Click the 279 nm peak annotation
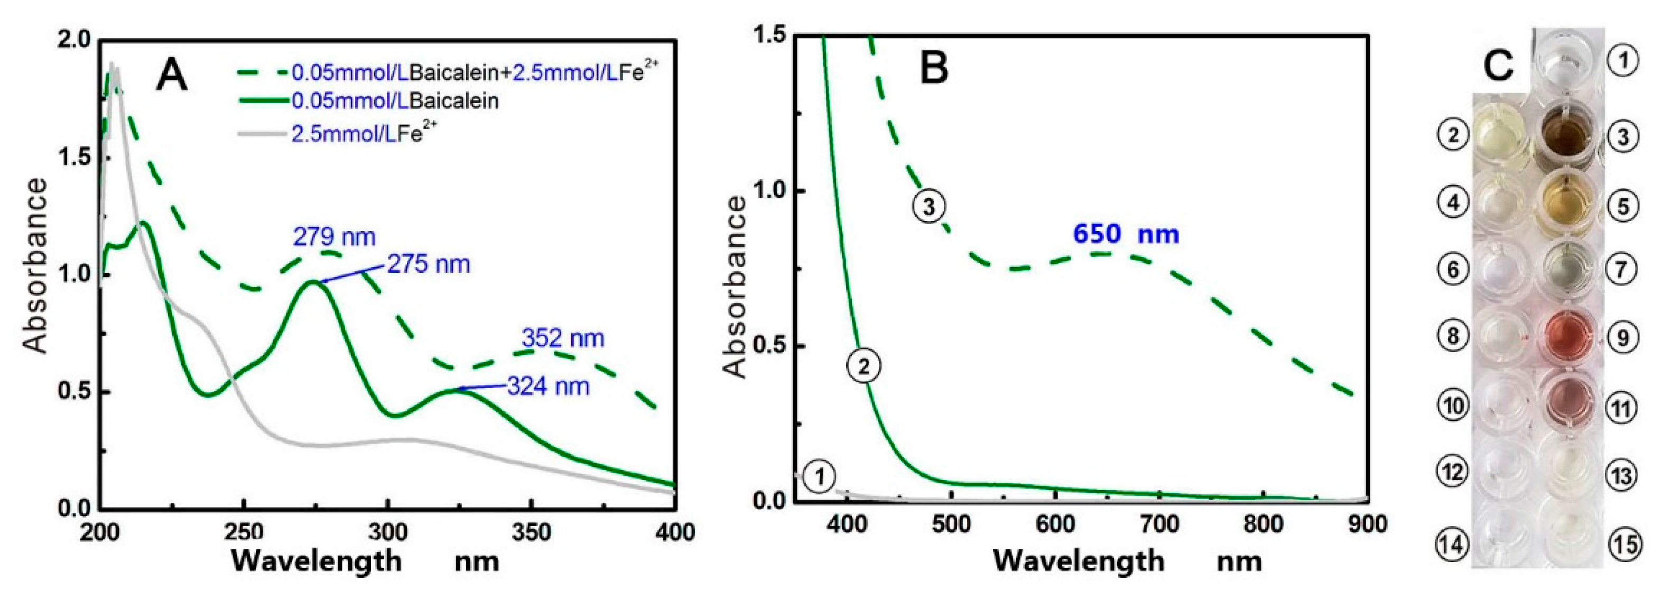334,237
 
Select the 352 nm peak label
563,338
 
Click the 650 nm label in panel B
1126,234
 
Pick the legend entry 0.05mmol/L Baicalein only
395,102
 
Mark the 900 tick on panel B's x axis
1367,524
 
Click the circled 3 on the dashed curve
929,207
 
